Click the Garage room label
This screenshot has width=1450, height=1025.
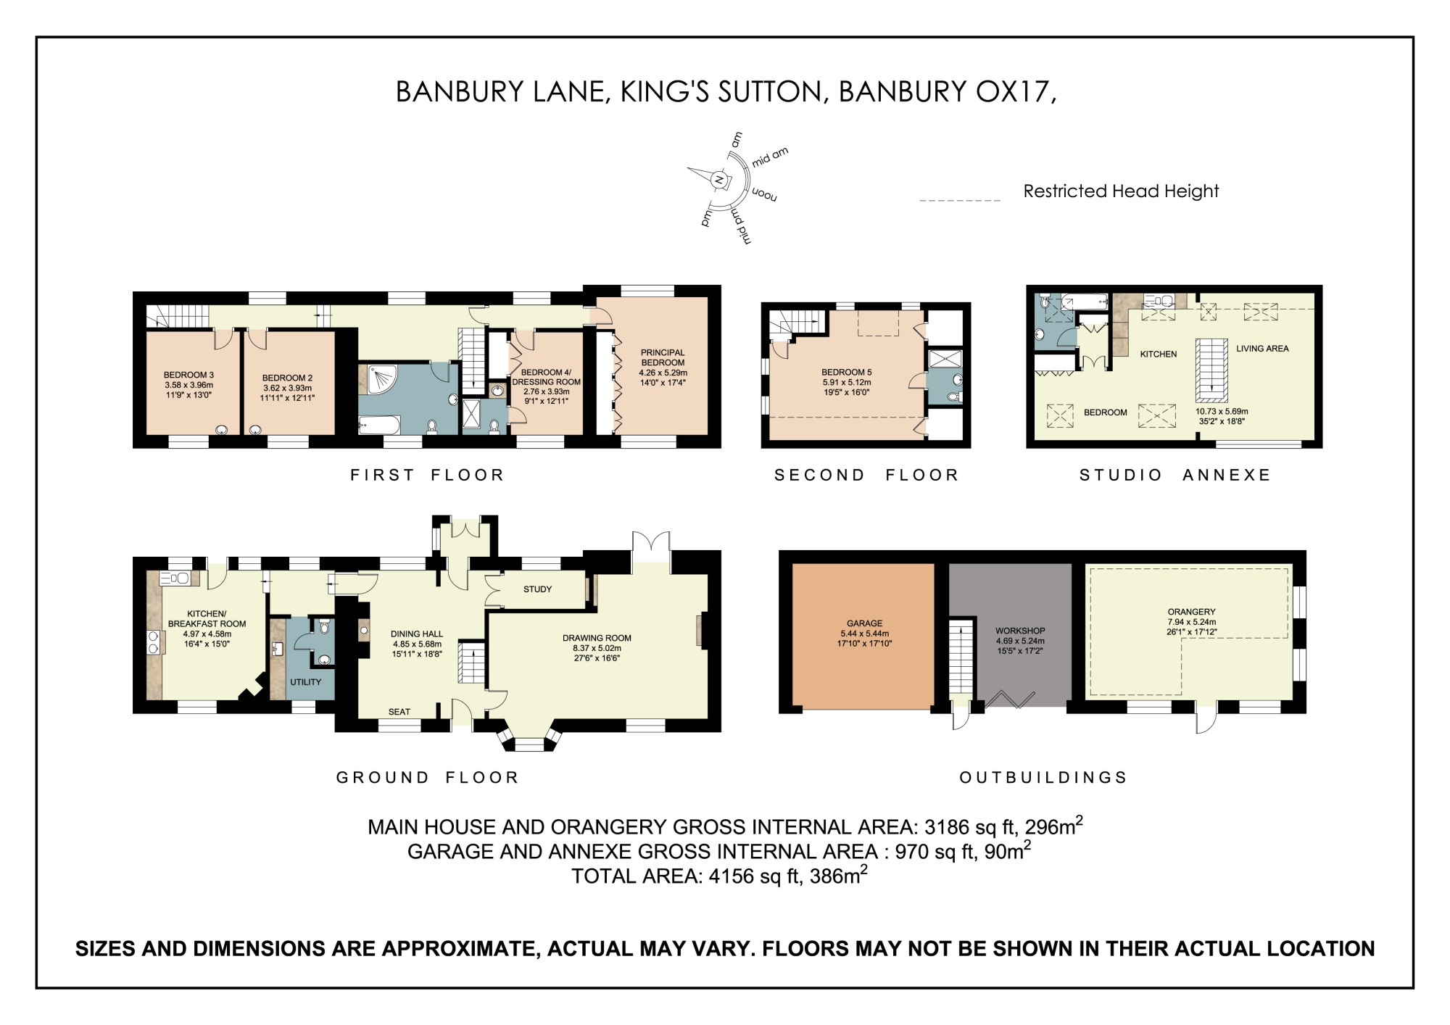[864, 623]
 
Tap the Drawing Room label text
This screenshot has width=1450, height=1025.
[597, 638]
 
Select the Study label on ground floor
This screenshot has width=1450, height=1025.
[537, 589]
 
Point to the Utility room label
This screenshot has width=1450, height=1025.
[305, 682]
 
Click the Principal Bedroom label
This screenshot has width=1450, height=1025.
[663, 357]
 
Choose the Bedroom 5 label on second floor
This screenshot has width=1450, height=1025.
[846, 373]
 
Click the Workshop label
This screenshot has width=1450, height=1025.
[1019, 631]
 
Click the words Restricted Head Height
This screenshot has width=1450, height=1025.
[1120, 191]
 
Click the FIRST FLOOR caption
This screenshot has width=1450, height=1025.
[427, 476]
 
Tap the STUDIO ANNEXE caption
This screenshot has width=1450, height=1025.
[1174, 476]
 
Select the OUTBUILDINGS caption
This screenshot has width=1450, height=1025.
[1043, 778]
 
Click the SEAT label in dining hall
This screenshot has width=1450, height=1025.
[399, 712]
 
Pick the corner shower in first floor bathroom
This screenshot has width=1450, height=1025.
[381, 379]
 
